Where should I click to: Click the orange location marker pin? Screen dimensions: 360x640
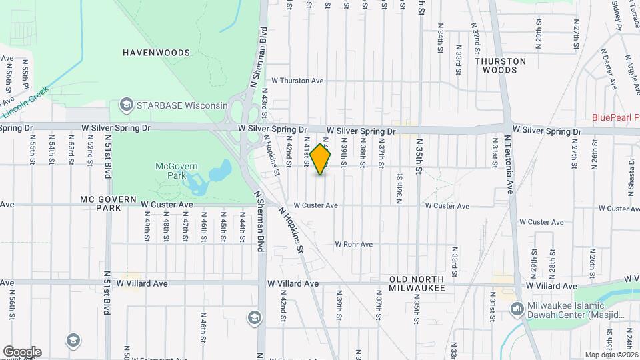pyautogui.click(x=321, y=159)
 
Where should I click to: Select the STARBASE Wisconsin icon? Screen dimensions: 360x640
pyautogui.click(x=125, y=105)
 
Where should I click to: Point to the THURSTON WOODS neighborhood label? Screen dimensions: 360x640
pyautogui.click(x=500, y=65)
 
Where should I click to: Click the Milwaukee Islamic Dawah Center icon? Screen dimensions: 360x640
pyautogui.click(x=516, y=309)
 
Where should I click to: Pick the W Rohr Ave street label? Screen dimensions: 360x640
pyautogui.click(x=353, y=245)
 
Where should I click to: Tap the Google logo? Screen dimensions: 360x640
pyautogui.click(x=22, y=351)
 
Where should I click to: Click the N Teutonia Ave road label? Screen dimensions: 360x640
pyautogui.click(x=509, y=164)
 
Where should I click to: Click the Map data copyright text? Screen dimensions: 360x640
pyautogui.click(x=611, y=355)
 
